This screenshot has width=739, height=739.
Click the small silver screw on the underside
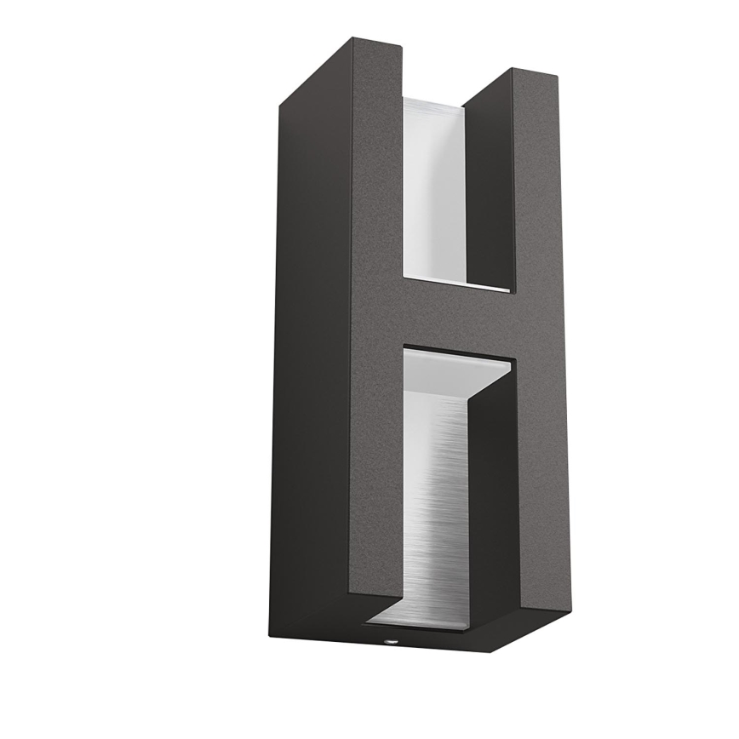(x=388, y=636)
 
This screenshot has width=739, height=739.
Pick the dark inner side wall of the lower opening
(x=494, y=502)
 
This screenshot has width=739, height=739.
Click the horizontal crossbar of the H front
(x=460, y=319)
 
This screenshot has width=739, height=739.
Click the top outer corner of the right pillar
(x=559, y=78)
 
